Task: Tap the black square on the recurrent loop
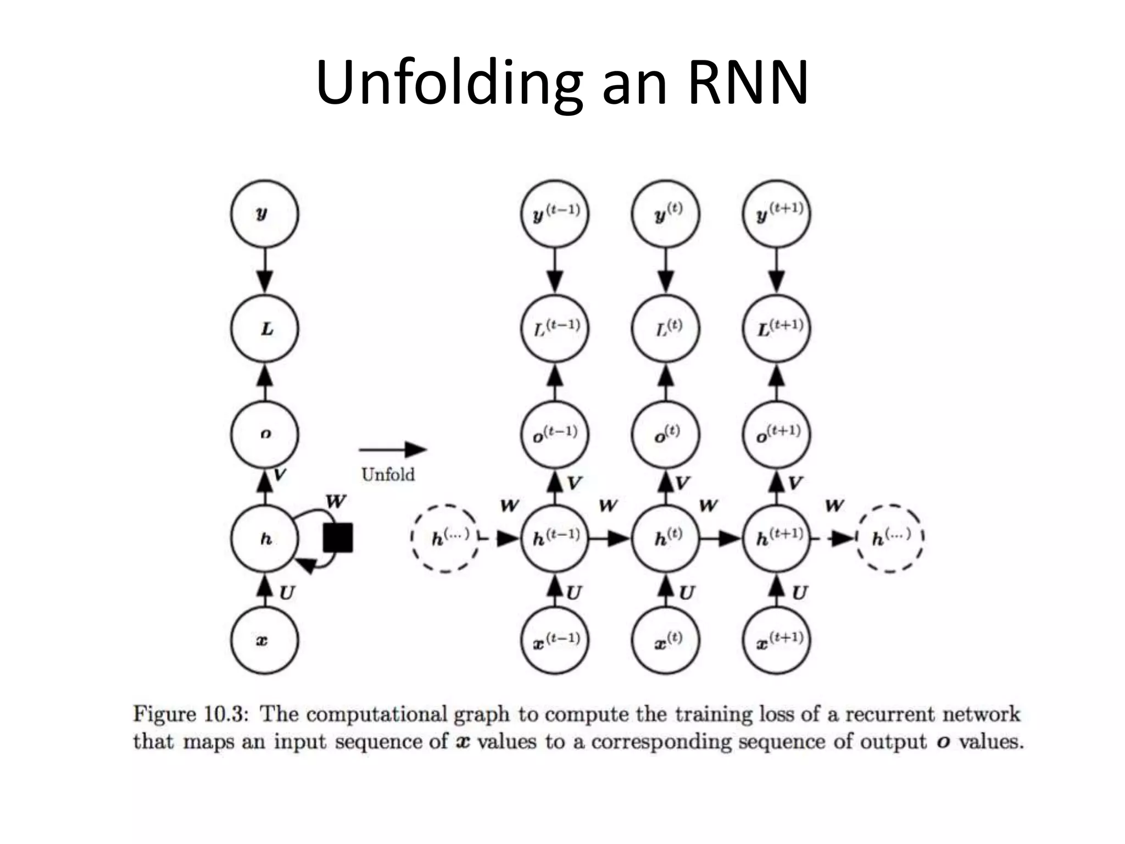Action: point(337,537)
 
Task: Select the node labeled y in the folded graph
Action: point(264,214)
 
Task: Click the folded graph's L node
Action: point(264,329)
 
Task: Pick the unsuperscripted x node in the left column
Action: point(264,640)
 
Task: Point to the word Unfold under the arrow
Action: point(388,474)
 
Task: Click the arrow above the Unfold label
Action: point(392,449)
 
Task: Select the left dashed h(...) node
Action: point(445,538)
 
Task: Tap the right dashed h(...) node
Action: point(890,538)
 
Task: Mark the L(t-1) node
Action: point(555,329)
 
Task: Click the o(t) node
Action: point(666,434)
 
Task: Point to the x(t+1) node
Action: point(776,640)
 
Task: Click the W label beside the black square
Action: point(336,502)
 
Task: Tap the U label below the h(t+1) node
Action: point(799,593)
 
